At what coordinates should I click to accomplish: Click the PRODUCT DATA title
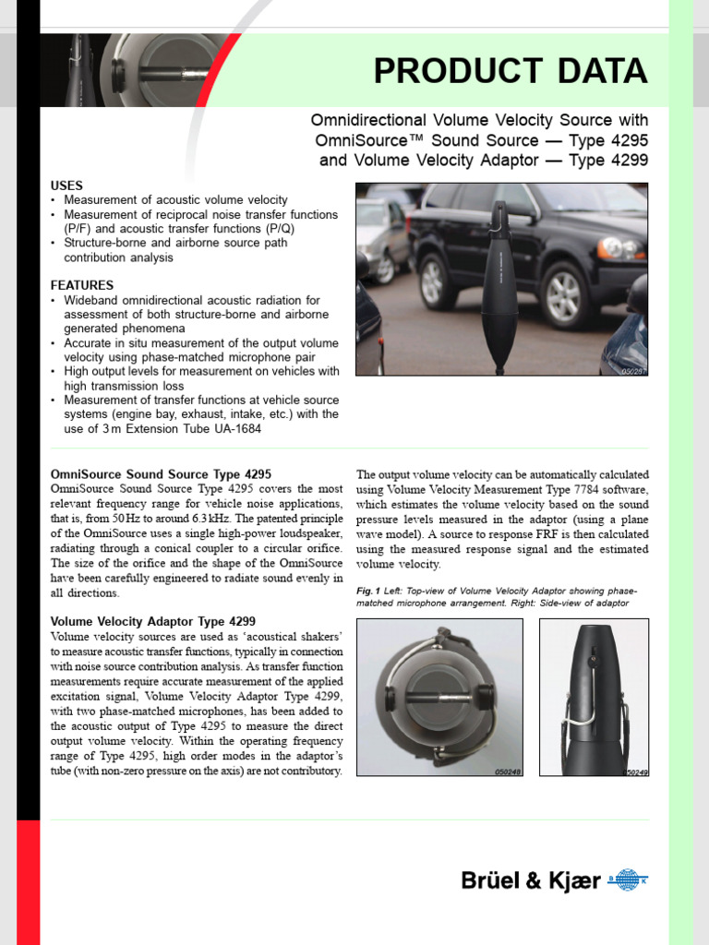pos(511,71)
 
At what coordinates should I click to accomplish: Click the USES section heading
pos(66,185)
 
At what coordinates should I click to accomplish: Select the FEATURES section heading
pos(82,285)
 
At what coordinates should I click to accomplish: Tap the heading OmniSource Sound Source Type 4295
pos(161,474)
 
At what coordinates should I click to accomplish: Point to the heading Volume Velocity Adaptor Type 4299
pos(153,621)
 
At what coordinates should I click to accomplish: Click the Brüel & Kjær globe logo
pos(631,881)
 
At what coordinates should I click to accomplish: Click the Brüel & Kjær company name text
pos(530,881)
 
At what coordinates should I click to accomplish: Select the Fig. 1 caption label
pos(368,590)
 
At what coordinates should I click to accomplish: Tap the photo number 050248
pos(507,771)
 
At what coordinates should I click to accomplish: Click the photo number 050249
pos(635,771)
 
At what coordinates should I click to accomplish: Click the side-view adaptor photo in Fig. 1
pos(594,697)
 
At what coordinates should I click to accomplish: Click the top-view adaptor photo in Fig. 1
pos(439,697)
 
